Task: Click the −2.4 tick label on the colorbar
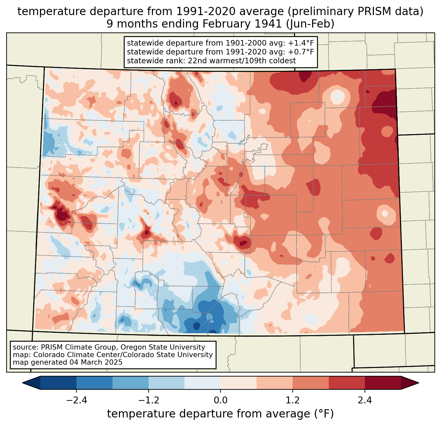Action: pyautogui.click(x=76, y=400)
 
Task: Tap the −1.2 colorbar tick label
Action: pyautogui.click(x=149, y=400)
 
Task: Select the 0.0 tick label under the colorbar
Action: pyautogui.click(x=220, y=400)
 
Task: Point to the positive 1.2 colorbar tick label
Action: pyautogui.click(x=293, y=400)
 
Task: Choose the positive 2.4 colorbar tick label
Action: pyautogui.click(x=365, y=400)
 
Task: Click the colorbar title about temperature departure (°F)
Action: pyautogui.click(x=220, y=414)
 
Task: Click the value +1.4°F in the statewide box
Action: pyautogui.click(x=301, y=43)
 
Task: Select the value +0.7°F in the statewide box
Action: pyautogui.click(x=301, y=52)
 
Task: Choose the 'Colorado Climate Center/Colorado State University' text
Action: pyautogui.click(x=123, y=355)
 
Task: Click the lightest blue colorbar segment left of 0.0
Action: pyautogui.click(x=202, y=383)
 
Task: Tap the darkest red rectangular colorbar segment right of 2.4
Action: pyautogui.click(x=383, y=383)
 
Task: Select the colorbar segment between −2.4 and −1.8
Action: pyautogui.click(x=94, y=383)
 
